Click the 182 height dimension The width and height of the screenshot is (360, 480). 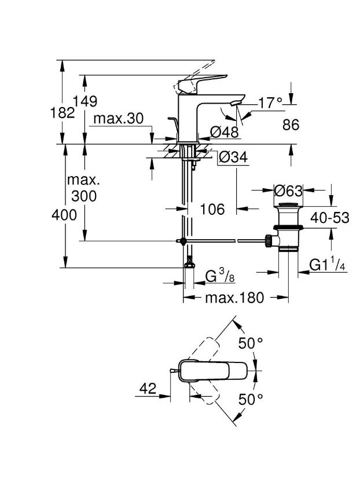(63, 113)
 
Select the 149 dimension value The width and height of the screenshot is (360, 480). (85, 101)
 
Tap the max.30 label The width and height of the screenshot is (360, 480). (119, 119)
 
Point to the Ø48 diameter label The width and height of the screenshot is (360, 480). (225, 132)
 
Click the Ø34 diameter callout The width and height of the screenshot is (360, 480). (233, 157)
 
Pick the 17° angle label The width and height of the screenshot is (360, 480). (270, 103)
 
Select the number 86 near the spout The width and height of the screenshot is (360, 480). (291, 124)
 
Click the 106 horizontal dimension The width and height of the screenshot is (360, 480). (212, 209)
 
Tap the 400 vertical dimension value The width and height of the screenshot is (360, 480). (64, 215)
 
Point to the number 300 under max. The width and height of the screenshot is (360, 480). (84, 196)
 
